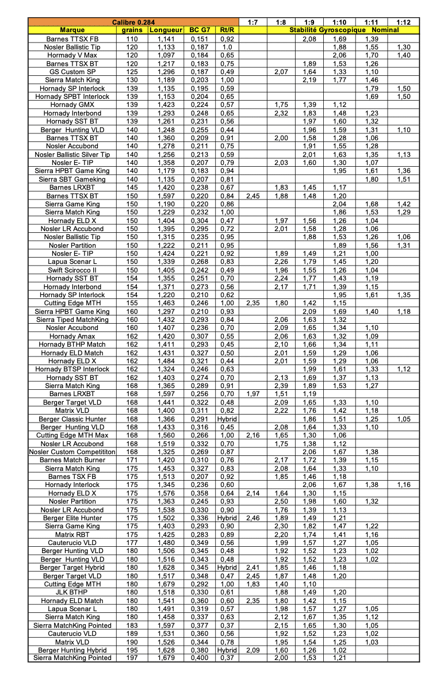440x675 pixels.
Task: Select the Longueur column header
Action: (x=165, y=30)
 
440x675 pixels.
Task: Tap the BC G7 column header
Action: (x=200, y=30)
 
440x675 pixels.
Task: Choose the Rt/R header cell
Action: (x=227, y=30)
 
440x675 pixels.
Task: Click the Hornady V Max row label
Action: (x=72, y=55)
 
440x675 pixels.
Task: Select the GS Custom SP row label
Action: (x=72, y=72)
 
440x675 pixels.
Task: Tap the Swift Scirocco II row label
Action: (x=72, y=270)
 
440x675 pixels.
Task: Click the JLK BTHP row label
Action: (x=72, y=592)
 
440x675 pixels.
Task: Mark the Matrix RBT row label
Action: (x=72, y=534)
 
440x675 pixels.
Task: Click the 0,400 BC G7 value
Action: (x=200, y=658)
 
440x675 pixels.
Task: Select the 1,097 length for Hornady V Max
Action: (x=165, y=55)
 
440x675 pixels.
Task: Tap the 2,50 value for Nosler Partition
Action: (x=281, y=501)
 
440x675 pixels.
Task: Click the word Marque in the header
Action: (x=72, y=30)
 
